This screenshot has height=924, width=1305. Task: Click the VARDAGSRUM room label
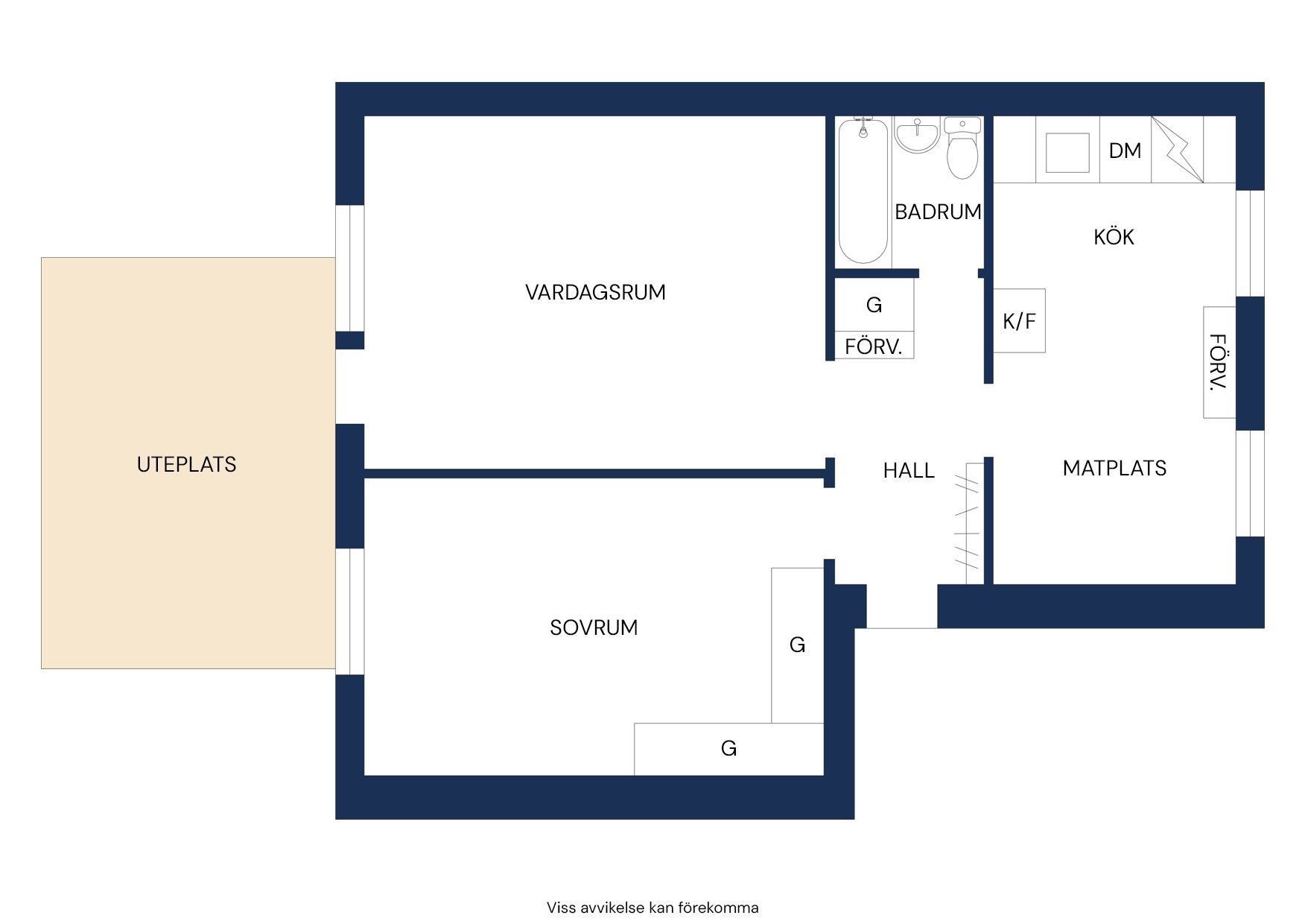click(595, 292)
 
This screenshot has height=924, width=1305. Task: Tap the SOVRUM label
click(594, 627)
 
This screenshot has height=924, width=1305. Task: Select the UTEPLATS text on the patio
click(186, 464)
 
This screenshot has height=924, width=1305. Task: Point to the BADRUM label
click(938, 212)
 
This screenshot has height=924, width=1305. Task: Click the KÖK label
click(1114, 236)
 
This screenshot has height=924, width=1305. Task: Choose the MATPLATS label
click(1114, 468)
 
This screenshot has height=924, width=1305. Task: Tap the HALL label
click(909, 470)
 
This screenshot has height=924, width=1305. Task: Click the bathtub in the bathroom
click(863, 191)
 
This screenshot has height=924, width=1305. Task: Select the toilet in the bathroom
click(962, 148)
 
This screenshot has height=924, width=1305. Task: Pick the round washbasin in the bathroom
click(917, 136)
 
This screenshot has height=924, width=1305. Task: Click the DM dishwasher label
click(1125, 151)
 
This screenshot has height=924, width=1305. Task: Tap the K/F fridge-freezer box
click(1019, 320)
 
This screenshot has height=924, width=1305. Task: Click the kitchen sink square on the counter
click(1067, 153)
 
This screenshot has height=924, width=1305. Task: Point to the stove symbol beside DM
click(1178, 149)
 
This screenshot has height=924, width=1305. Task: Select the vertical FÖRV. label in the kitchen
click(1218, 362)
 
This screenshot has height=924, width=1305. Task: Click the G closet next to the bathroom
click(874, 305)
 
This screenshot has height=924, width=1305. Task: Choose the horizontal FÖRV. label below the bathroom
click(874, 346)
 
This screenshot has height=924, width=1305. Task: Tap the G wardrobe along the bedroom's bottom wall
click(728, 748)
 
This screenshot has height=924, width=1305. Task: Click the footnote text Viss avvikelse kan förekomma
click(652, 908)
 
